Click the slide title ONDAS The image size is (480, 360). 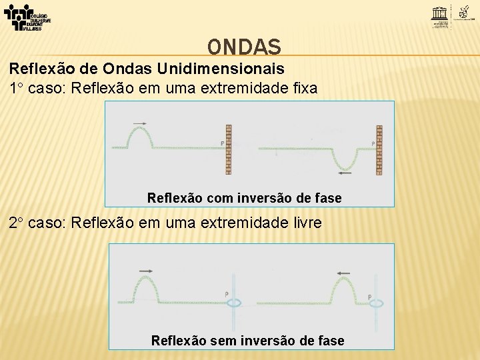[244, 47]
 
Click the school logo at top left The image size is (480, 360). [27, 17]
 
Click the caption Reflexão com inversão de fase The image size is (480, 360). [244, 198]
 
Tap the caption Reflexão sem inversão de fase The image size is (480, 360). [248, 341]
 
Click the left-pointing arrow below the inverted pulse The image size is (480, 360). [346, 173]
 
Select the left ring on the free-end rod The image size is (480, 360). [234, 302]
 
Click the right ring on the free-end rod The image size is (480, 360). [377, 302]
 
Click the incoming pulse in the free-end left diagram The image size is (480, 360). [147, 288]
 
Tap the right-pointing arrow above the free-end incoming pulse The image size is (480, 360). [147, 270]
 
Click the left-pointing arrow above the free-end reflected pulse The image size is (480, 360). [344, 273]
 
